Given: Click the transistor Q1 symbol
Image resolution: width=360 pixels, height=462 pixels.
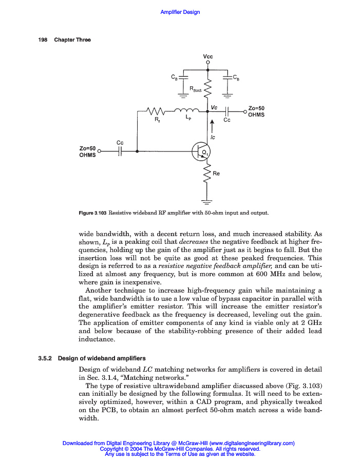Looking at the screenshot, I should [200, 151].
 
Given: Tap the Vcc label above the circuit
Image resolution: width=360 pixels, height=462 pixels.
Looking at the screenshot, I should [208, 56].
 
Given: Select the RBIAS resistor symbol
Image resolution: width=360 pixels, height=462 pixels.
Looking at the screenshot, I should [207, 88].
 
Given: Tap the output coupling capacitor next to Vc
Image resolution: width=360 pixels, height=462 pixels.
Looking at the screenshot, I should [227, 110].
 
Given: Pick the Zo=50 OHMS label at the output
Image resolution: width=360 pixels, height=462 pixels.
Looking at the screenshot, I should [256, 111].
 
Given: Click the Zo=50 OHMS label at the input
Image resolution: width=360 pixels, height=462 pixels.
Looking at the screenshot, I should [87, 151].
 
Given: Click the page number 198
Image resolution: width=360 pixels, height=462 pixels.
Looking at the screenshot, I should [43, 40].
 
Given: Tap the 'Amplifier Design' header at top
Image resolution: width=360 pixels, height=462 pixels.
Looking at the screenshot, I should [180, 12].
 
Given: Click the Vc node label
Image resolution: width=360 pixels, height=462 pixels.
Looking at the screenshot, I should [214, 107].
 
